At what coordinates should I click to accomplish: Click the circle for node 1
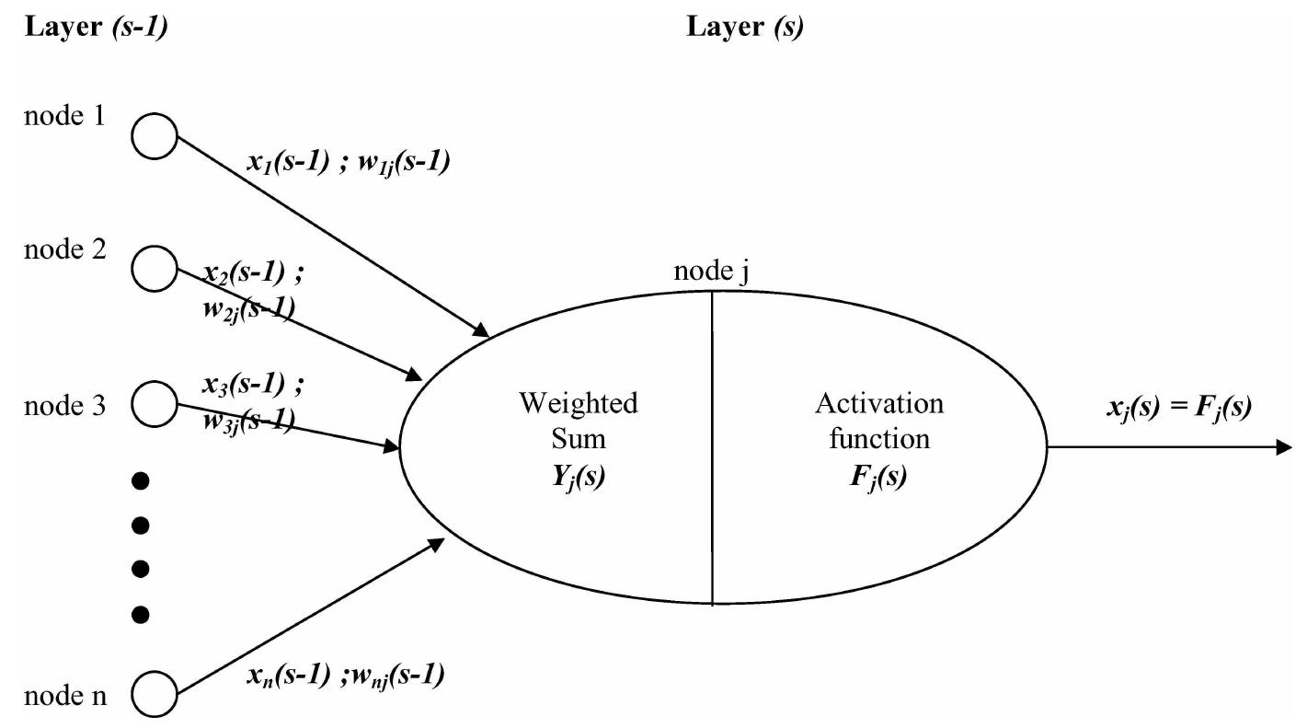(154, 136)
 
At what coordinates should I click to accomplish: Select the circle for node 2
(154, 269)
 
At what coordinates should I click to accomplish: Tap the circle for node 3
(154, 402)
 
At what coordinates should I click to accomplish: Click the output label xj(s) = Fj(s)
(1178, 407)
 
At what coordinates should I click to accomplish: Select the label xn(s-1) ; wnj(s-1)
(345, 676)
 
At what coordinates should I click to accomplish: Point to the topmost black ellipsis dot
(141, 480)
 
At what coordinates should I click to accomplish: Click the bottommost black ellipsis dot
(141, 611)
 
